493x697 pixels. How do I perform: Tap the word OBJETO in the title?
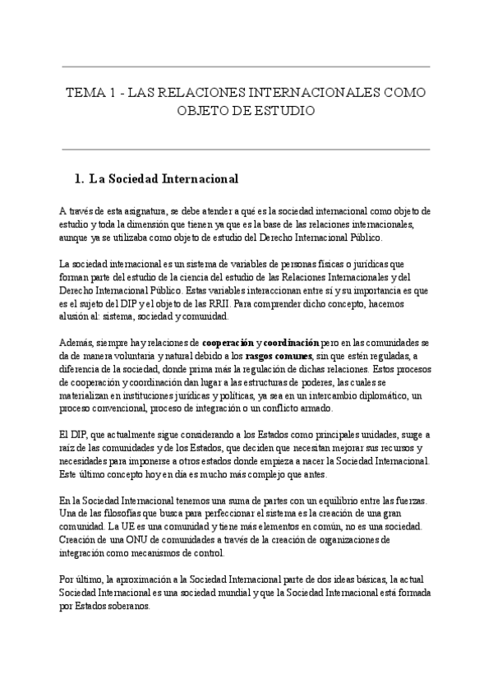point(205,109)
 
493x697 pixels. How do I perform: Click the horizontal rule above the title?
point(246,67)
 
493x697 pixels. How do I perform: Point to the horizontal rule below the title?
point(246,150)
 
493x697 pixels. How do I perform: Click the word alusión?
point(76,316)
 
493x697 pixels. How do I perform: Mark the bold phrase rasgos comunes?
point(267,356)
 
